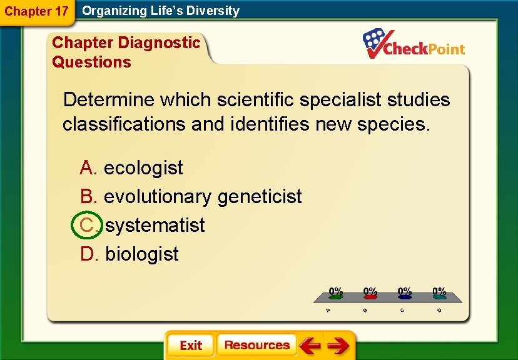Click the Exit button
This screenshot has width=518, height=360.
(x=190, y=346)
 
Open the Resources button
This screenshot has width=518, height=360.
(x=256, y=345)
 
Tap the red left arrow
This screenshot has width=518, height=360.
(x=309, y=346)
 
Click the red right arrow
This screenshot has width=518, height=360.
(x=338, y=346)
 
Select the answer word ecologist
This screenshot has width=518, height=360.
(x=143, y=167)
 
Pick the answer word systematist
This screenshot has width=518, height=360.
(x=155, y=225)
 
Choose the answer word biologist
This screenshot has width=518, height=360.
(x=142, y=254)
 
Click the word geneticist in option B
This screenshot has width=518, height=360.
(x=260, y=196)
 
